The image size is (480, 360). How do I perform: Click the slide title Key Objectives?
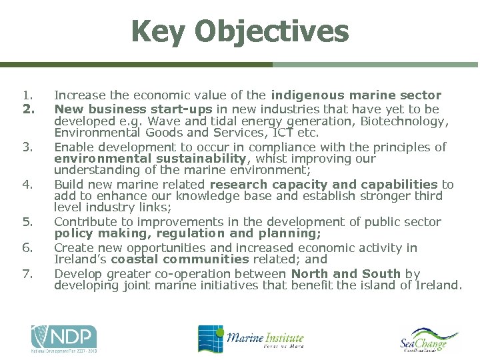(240, 31)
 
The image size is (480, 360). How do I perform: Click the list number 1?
(27, 95)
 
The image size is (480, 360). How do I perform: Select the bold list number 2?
(27, 109)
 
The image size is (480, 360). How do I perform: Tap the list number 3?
(27, 147)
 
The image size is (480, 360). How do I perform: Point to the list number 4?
(27, 184)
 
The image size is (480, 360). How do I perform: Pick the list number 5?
(27, 222)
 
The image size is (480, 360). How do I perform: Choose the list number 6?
(27, 248)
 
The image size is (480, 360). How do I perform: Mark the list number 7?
(27, 273)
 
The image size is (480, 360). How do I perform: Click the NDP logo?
(64, 339)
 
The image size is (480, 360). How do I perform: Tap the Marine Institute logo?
(251, 339)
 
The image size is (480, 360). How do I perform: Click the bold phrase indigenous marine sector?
(356, 95)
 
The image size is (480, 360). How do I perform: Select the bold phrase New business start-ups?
(133, 109)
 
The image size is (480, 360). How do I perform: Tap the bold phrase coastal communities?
(180, 259)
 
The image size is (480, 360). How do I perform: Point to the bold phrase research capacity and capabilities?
(323, 184)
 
